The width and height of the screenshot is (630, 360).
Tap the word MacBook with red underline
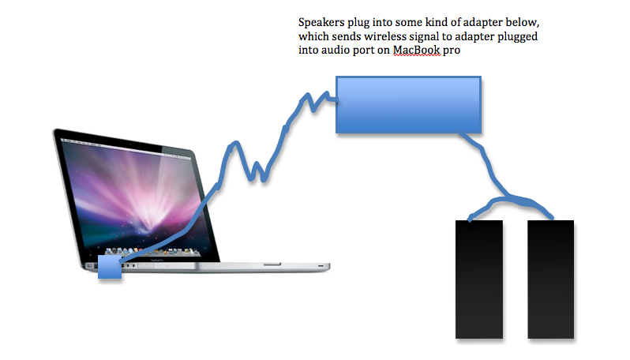(416, 51)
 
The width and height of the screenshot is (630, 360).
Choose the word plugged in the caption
(518, 37)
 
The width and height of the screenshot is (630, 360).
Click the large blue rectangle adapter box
(408, 104)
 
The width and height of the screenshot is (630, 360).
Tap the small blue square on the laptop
(110, 266)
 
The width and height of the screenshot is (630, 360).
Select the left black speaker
(479, 279)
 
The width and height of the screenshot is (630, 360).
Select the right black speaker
(550, 279)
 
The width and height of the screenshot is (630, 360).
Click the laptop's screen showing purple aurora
(133, 197)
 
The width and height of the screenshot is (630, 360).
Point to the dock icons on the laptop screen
(152, 252)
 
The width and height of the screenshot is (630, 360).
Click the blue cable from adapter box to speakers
(495, 177)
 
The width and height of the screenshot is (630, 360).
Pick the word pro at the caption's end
(452, 51)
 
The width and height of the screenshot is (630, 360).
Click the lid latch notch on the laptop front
(272, 264)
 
